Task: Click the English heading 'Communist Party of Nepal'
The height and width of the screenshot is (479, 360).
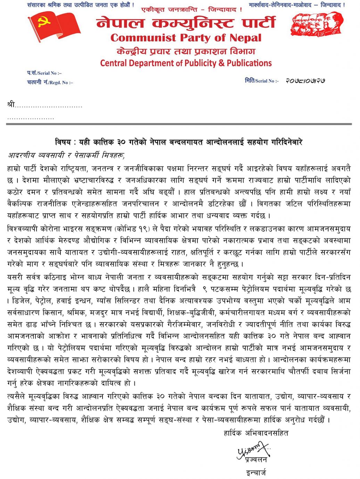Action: pyautogui.click(x=186, y=38)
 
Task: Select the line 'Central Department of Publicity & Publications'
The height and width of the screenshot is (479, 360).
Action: pyautogui.click(x=186, y=63)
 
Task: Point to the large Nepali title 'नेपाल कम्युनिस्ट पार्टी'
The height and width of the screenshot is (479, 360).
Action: pyautogui.click(x=186, y=23)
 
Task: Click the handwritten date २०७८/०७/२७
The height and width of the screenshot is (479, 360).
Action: pyautogui.click(x=305, y=81)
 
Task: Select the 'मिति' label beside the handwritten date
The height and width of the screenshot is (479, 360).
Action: pyautogui.click(x=249, y=81)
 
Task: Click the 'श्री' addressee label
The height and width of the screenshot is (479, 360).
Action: pyautogui.click(x=11, y=104)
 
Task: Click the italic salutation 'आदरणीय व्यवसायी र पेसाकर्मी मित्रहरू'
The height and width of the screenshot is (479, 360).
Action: pyautogui.click(x=66, y=155)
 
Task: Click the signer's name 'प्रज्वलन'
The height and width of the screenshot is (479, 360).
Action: pyautogui.click(x=256, y=460)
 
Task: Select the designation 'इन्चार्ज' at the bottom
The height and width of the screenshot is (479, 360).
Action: pyautogui.click(x=256, y=472)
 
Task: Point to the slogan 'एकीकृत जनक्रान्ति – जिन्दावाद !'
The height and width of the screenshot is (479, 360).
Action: pyautogui.click(x=192, y=10)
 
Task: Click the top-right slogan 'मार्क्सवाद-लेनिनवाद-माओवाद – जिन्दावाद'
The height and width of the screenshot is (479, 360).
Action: pyautogui.click(x=297, y=5)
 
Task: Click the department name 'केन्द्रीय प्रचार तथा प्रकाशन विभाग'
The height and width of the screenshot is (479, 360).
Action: pyautogui.click(x=186, y=51)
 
